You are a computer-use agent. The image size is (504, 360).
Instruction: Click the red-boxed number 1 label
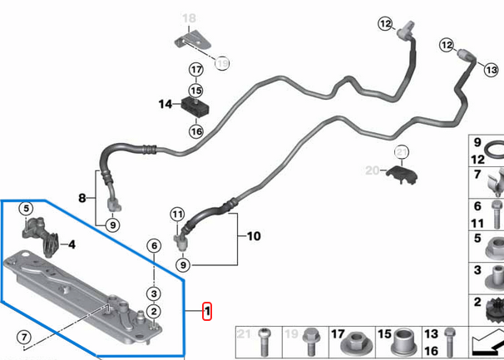tap(206, 312)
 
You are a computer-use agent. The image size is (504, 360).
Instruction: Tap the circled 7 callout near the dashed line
tap(24, 338)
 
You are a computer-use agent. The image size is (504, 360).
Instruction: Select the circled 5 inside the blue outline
tap(26, 209)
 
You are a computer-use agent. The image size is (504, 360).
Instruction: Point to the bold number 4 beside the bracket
tap(72, 244)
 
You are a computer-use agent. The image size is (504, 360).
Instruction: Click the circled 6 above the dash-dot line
tap(153, 244)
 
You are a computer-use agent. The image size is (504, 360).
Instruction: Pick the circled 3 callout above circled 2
tap(153, 293)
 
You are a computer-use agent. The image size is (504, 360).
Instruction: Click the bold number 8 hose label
tap(82, 198)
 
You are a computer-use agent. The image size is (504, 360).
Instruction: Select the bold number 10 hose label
tap(253, 237)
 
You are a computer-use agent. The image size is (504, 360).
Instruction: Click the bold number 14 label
tap(165, 104)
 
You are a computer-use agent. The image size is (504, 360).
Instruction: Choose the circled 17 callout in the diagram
tap(195, 69)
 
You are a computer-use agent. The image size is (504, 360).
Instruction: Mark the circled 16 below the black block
tap(195, 131)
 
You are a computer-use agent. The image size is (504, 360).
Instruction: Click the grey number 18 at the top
tap(189, 17)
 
